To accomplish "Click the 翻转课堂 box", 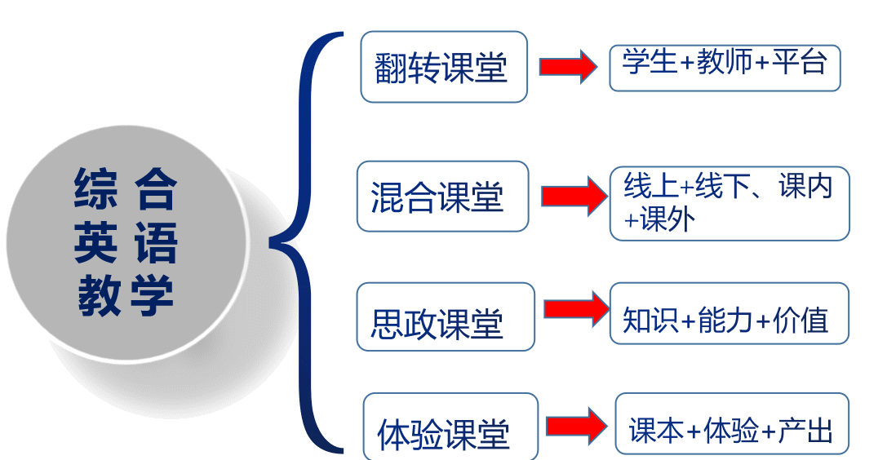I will [443, 67].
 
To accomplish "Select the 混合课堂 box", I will [442, 197].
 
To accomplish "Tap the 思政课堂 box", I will [446, 317].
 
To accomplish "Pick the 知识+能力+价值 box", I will [730, 314].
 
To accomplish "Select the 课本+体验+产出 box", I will [732, 425].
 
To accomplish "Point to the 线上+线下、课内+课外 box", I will [730, 203].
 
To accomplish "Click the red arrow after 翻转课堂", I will [567, 67].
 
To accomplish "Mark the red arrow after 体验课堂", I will [575, 427].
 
